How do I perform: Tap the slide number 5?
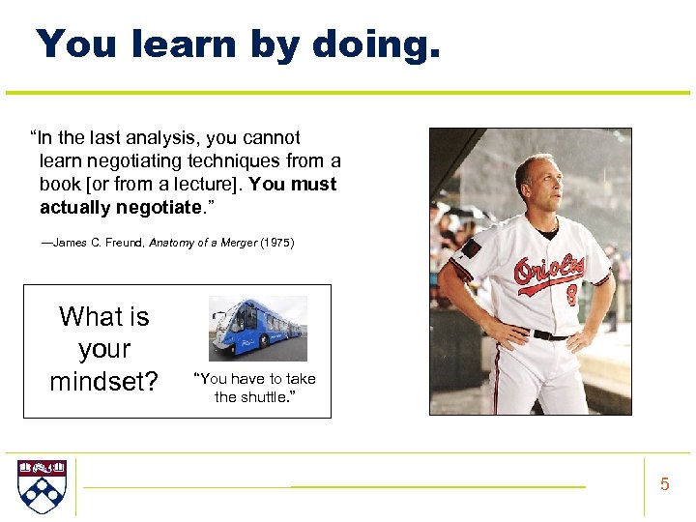(x=664, y=484)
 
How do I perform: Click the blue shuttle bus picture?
(x=257, y=329)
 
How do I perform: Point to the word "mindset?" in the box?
(x=104, y=382)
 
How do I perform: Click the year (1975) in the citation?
(x=277, y=244)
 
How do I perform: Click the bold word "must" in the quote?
(x=314, y=185)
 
